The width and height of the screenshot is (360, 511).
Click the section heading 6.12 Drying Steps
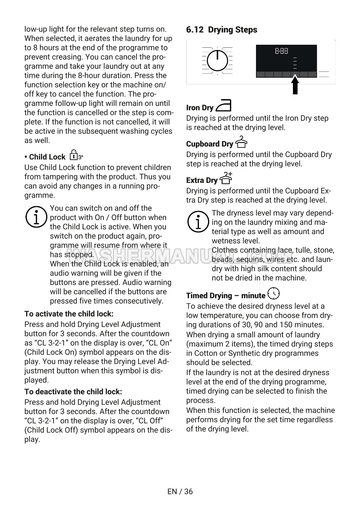222,30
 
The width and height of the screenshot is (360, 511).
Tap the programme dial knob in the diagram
218,60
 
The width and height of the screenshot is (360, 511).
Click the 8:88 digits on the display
281,51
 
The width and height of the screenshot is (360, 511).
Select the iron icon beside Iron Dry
223,105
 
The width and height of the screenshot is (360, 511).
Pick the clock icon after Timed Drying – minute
273,293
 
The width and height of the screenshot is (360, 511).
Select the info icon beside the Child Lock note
36,218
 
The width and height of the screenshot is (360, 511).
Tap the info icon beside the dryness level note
198,222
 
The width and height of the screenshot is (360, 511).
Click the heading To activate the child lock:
69,314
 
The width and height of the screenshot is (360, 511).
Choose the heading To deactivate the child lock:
73,392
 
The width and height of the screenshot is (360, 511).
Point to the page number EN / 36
180,491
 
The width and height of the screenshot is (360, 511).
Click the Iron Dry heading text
200,108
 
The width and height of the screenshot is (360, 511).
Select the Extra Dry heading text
202,180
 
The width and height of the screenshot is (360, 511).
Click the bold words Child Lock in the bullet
47,157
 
